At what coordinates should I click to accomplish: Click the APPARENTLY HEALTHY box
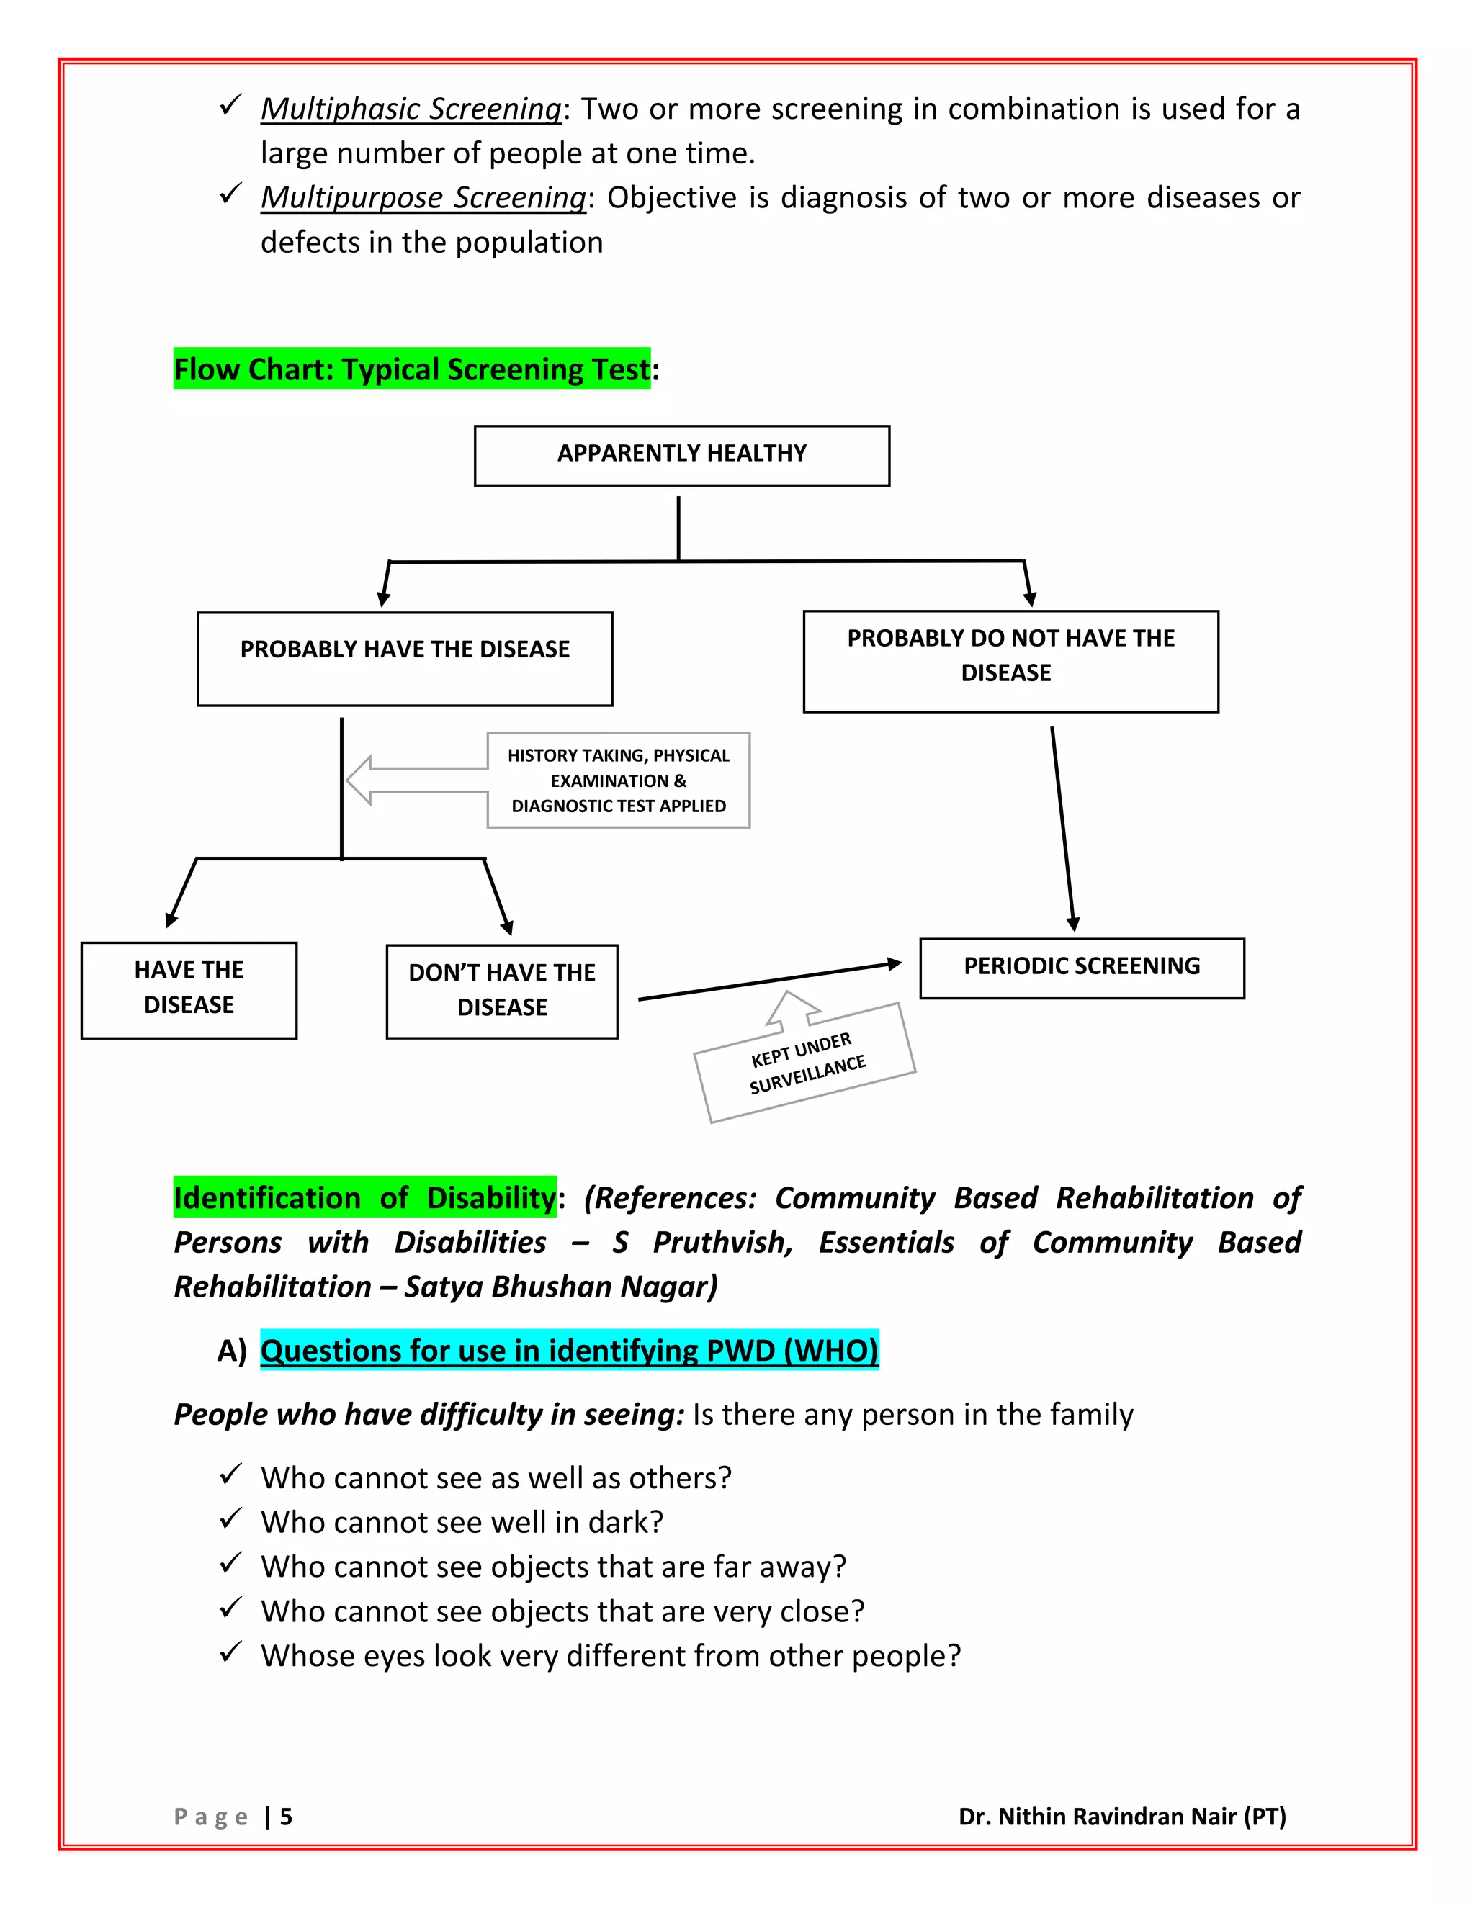coord(681,455)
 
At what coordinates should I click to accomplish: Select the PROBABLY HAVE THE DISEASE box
coord(405,659)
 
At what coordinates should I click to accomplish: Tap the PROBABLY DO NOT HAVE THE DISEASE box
coord(1010,662)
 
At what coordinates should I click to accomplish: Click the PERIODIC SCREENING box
coord(1082,968)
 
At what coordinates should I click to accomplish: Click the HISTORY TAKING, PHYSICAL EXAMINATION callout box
coord(618,780)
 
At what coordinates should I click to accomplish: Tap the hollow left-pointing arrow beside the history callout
coord(411,780)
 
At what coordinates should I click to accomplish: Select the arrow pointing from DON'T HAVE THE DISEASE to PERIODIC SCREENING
coord(769,981)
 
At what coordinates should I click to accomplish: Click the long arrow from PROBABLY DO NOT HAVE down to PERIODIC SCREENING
coord(1062,828)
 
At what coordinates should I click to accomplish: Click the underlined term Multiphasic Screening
coord(411,109)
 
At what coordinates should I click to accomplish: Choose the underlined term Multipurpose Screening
coord(423,198)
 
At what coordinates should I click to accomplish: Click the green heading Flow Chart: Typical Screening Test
coord(411,369)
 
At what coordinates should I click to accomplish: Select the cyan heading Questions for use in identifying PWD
coord(569,1350)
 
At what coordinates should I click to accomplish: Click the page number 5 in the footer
coord(286,1817)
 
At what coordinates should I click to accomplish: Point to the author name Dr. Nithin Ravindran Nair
coord(1122,1817)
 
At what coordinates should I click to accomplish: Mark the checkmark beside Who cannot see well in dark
coord(230,1519)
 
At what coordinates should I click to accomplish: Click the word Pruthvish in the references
coord(722,1241)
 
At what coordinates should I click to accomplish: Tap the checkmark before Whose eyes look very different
coord(230,1653)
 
